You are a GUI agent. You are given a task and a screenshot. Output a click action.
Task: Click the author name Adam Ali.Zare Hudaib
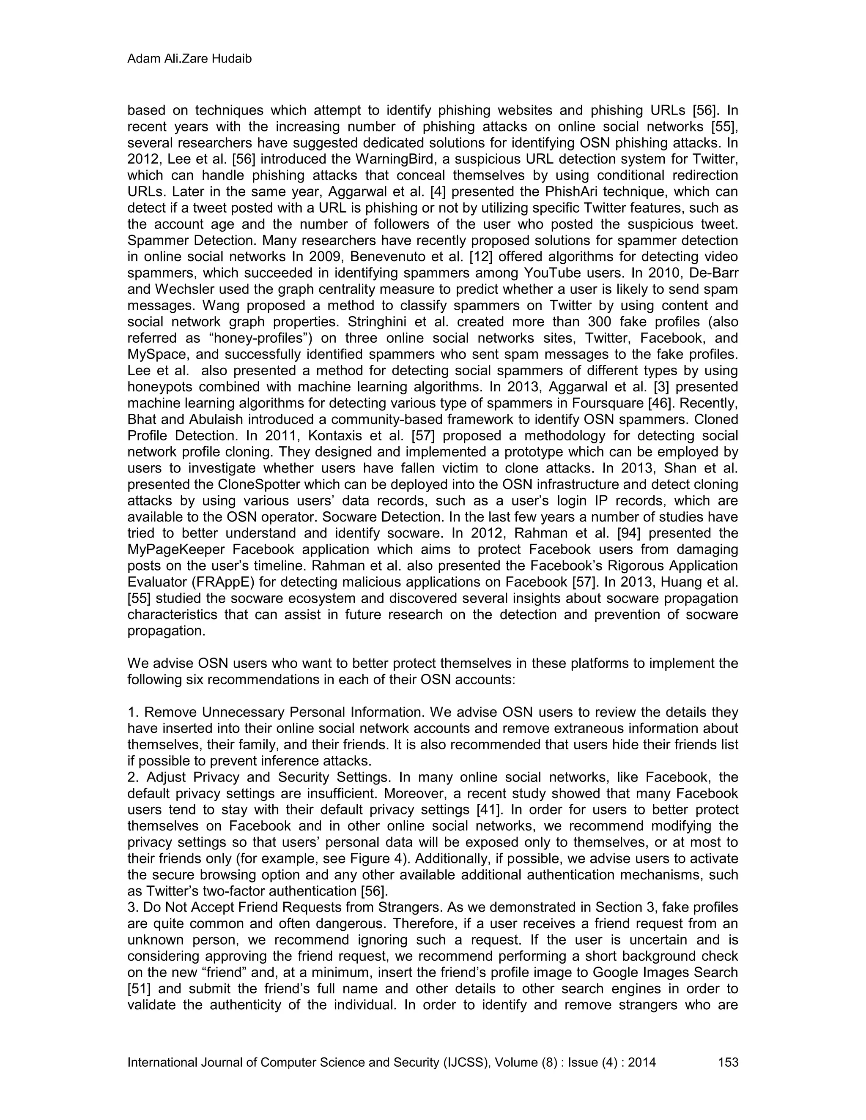point(189,59)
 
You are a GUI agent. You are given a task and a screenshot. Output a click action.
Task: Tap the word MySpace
point(156,354)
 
